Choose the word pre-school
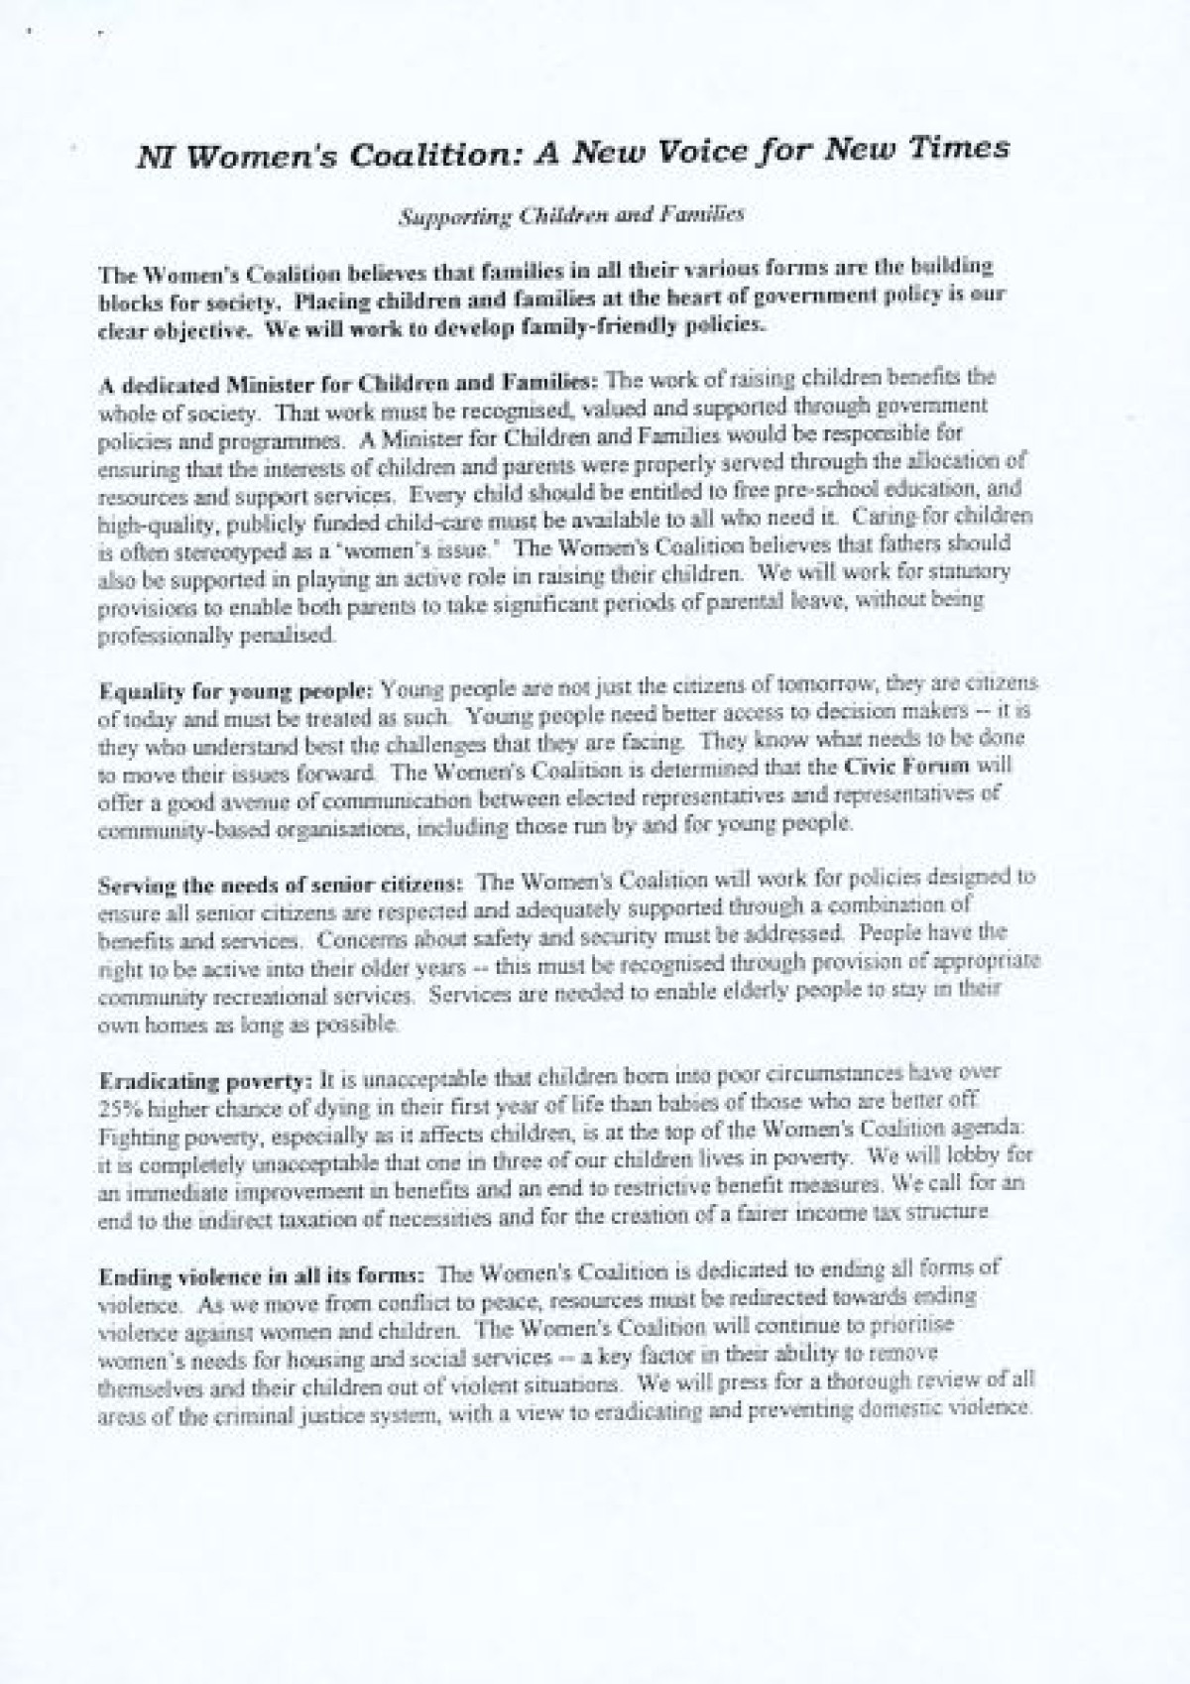(798, 491)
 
